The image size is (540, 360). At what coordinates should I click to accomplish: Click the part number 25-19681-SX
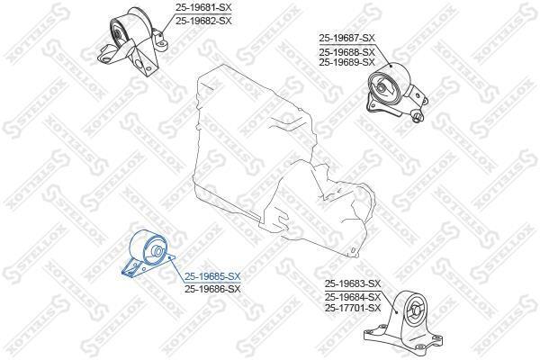tap(203, 7)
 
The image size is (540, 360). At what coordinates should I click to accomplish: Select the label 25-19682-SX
tap(203, 21)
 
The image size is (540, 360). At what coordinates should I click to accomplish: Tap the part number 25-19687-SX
tap(346, 38)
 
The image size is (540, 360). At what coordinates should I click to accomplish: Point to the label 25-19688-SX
tap(346, 52)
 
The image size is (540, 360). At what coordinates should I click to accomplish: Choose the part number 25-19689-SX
tap(346, 62)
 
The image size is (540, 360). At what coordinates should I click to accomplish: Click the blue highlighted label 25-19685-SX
tap(212, 276)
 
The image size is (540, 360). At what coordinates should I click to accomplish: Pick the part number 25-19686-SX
tap(212, 289)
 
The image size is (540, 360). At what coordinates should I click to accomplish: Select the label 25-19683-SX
tap(353, 283)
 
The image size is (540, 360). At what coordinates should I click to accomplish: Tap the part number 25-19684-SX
tap(353, 297)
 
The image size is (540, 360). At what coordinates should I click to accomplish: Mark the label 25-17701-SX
tap(353, 308)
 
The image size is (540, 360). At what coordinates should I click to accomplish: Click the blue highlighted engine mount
tap(148, 253)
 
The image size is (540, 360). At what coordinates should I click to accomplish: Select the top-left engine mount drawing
tap(132, 41)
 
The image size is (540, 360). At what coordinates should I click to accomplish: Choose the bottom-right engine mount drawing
tap(403, 319)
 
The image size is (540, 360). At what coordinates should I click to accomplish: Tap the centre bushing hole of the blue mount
tap(157, 250)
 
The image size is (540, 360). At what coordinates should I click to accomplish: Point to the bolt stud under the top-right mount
tap(418, 116)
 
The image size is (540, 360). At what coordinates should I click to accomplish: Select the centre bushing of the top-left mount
tap(117, 35)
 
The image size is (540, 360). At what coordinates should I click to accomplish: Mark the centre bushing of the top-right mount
tap(381, 87)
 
